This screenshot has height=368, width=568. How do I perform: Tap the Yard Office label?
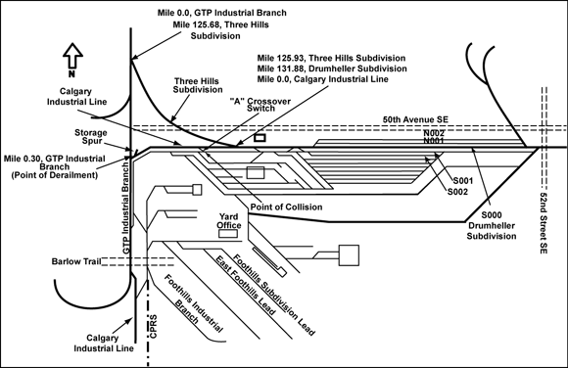(229, 221)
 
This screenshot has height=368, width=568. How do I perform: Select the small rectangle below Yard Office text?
(228, 234)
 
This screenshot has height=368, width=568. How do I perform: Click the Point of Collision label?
(286, 207)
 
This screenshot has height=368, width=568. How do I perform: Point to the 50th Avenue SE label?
(415, 119)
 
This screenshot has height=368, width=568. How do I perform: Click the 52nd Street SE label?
(543, 223)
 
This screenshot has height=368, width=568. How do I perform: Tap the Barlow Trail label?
(76, 261)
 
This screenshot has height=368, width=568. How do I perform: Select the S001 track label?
(463, 181)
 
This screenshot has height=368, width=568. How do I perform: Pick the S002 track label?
(458, 192)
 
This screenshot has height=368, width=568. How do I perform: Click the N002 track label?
(434, 133)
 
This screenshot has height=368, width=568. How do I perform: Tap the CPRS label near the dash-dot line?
(153, 326)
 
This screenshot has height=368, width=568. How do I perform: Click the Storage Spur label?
(91, 137)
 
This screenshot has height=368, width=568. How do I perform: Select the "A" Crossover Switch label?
(260, 105)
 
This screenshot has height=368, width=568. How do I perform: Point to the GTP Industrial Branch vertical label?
(125, 207)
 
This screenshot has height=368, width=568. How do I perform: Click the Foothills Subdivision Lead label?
(273, 295)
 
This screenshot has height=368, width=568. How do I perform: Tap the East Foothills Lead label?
(246, 285)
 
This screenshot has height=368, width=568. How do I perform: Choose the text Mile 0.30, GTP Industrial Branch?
(54, 162)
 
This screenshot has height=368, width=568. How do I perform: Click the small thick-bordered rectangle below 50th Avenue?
(260, 138)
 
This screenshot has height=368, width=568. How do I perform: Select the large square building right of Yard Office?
(349, 255)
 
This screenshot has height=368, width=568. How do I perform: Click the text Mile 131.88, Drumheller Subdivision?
(332, 69)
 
